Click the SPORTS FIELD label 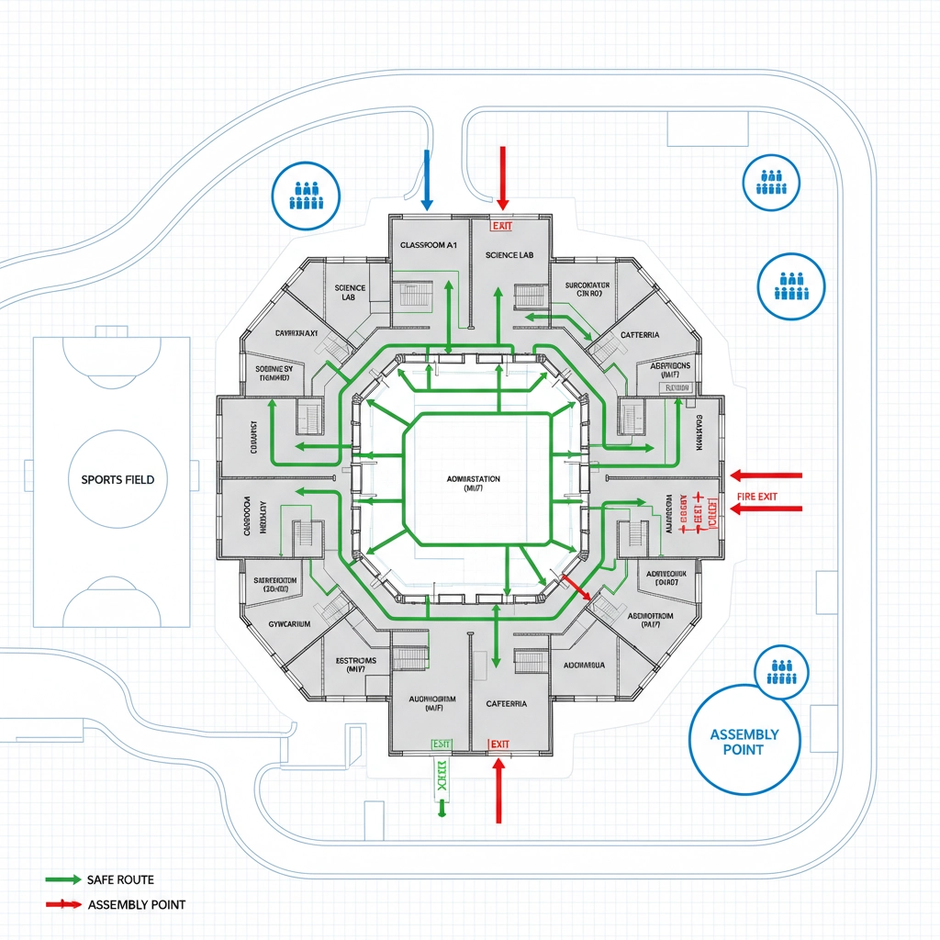point(117,479)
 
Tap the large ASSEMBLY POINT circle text point(744,742)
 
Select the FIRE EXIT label point(757,497)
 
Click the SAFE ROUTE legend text point(120,879)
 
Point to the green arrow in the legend point(62,879)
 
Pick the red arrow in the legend point(62,904)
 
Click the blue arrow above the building point(427,179)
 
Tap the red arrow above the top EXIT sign point(502,177)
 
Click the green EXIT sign point(442,744)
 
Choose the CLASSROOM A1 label point(429,246)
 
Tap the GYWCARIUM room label point(283,624)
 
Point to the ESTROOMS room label point(344,665)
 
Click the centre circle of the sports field point(117,479)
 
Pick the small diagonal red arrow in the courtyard point(576,587)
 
